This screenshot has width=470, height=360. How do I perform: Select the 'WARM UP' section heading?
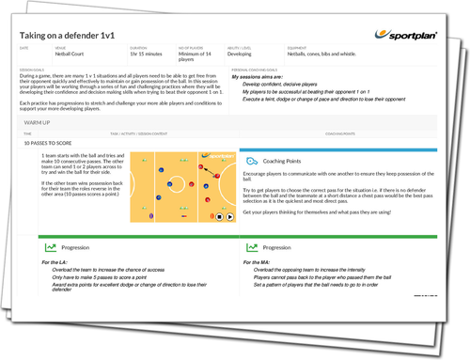38,122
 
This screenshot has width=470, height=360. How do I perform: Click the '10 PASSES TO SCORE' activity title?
45,145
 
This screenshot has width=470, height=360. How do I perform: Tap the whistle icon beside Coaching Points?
250,162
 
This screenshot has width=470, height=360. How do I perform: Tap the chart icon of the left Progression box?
48,247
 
